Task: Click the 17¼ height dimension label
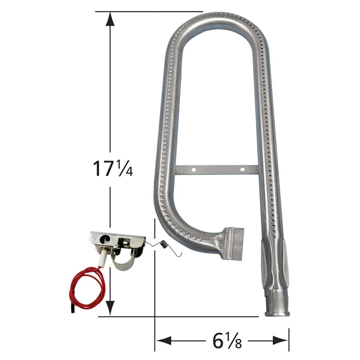click(113, 168)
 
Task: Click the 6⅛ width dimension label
click(227, 340)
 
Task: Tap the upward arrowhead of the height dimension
click(110, 19)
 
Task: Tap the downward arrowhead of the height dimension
click(110, 308)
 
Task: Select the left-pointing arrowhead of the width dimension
click(163, 340)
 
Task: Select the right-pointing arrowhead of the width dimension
click(280, 340)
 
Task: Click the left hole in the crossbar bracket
click(194, 170)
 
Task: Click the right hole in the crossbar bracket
click(242, 170)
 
